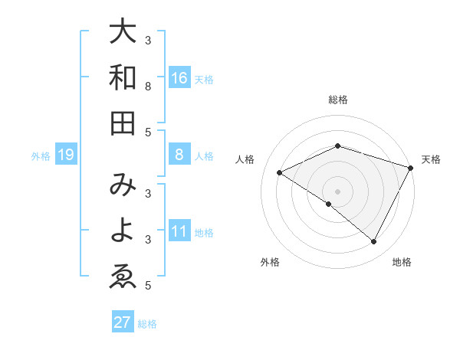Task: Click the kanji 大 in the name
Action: tap(123, 33)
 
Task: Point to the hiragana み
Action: tap(123, 186)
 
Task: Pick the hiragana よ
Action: tap(123, 231)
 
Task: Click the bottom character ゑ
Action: tap(123, 277)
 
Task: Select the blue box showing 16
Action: tap(179, 78)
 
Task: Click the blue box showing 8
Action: tap(179, 155)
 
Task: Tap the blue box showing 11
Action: tap(179, 231)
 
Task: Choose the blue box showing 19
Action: tap(66, 155)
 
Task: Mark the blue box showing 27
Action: tap(123, 322)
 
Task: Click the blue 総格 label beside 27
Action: tap(147, 323)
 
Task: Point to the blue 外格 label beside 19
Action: tap(41, 156)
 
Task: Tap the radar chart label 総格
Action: tap(338, 100)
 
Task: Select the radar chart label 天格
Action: tap(432, 159)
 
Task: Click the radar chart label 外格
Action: tap(270, 262)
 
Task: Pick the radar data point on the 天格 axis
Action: tap(411, 168)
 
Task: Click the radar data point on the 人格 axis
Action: tap(280, 172)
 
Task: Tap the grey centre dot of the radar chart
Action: tap(338, 191)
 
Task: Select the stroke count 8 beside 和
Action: tap(148, 86)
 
